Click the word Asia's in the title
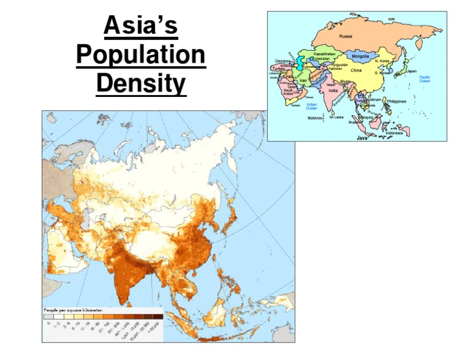point(141,27)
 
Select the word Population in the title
point(141,56)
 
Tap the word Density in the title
point(141,84)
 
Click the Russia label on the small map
point(346,36)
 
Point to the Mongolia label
point(356,57)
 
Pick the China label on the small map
point(356,71)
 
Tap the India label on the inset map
point(333,91)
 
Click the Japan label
point(411,71)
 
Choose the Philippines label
point(396,101)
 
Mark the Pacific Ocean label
point(425,79)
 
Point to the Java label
point(362,138)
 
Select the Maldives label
point(315,119)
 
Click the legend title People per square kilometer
point(73,310)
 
